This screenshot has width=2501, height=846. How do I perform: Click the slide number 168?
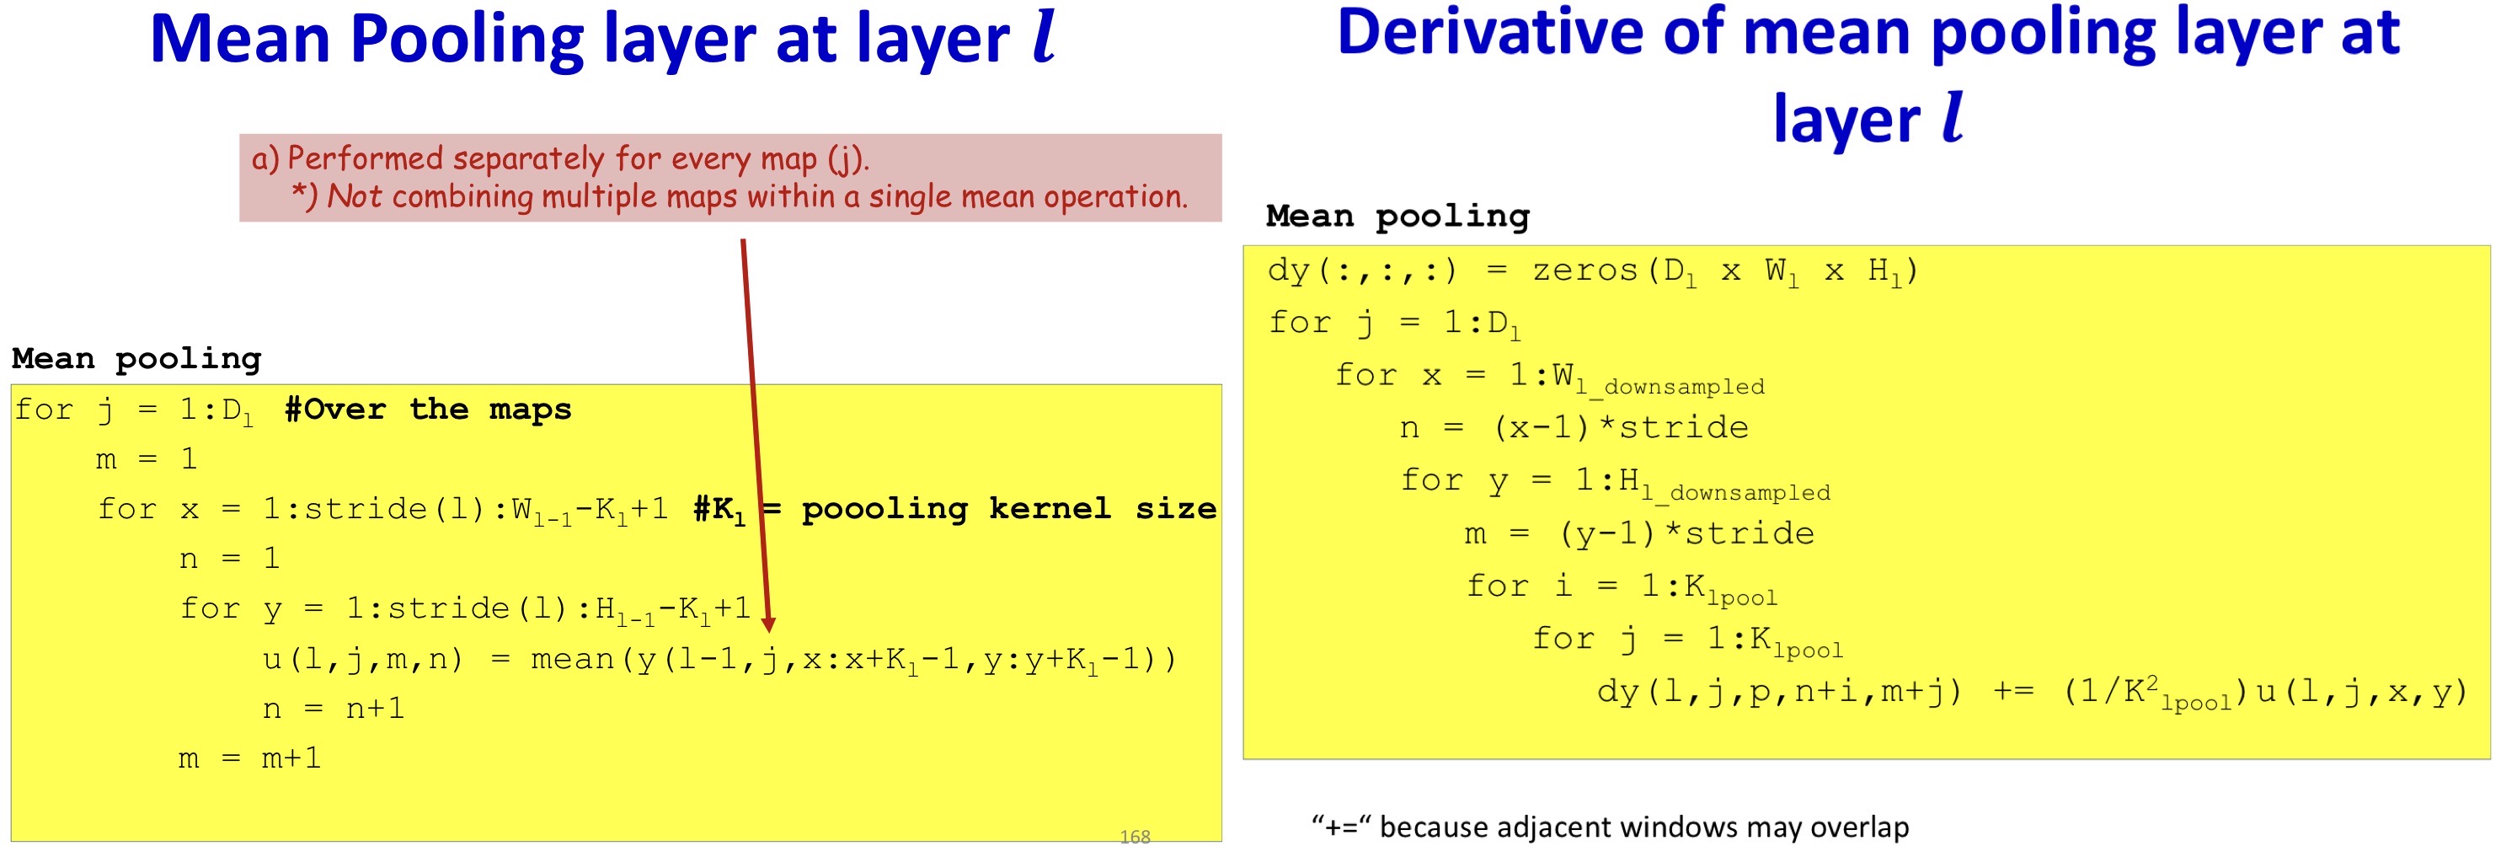(1134, 836)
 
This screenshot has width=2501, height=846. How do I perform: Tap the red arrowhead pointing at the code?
(768, 624)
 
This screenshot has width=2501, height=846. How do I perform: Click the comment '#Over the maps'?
(428, 409)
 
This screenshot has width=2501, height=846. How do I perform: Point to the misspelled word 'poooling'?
(884, 508)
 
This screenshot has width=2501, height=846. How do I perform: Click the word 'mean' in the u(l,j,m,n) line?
(572, 660)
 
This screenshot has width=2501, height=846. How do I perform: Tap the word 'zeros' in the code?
(1585, 270)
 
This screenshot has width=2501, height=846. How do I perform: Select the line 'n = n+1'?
(333, 709)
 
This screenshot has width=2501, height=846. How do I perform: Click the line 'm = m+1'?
(249, 758)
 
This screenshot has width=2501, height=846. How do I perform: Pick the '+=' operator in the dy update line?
(2012, 692)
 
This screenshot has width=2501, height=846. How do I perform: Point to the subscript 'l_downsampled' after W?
(1670, 387)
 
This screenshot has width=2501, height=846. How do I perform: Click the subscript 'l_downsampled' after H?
(1736, 492)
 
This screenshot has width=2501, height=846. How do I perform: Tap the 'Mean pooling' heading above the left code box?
(137, 358)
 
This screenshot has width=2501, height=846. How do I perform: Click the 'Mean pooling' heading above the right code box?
(1398, 216)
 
